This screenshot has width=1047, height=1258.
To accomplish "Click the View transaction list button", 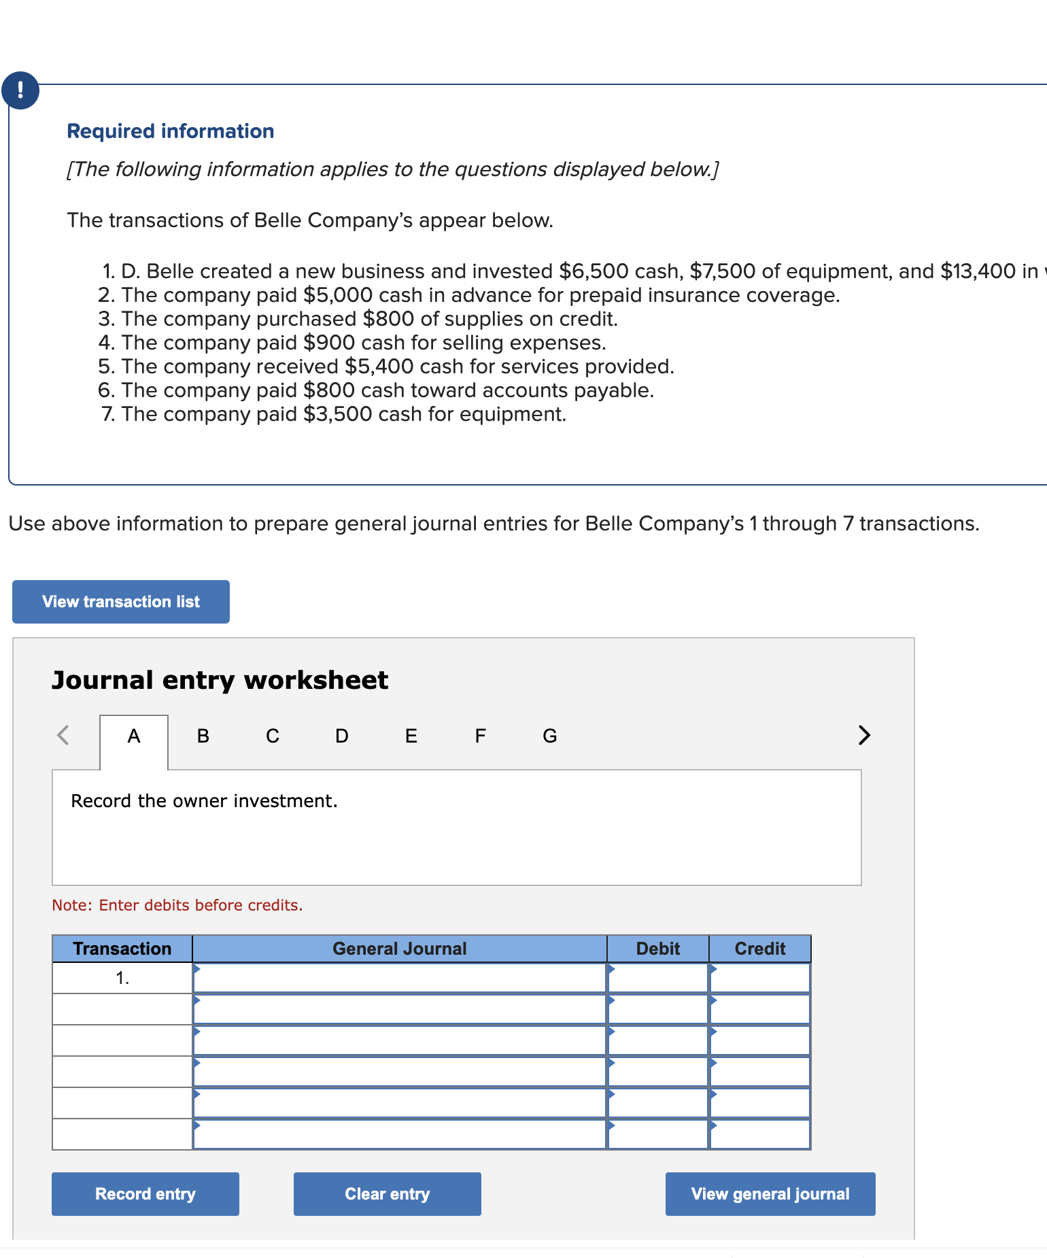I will pos(121,602).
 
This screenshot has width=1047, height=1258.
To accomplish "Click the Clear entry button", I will pos(387,1194).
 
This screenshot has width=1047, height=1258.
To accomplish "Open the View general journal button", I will pos(770,1194).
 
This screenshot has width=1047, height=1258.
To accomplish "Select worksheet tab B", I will pos(203,736).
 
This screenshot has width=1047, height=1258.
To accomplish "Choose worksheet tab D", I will pos(341,736).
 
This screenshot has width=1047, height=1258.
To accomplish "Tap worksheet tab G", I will pos(549,736).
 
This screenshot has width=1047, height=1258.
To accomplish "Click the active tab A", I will pos(134,736).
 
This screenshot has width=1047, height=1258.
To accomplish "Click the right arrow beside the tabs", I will pos(863,735).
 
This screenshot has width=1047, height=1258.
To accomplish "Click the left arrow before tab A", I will pos(63,735).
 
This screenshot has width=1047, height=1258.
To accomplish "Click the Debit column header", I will pos(657,949).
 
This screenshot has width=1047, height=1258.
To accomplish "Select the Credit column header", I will pos(759,949).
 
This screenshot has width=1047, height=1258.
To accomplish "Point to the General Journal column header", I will pos(399,949).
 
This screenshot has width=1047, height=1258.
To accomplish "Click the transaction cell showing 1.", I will pos(122,979).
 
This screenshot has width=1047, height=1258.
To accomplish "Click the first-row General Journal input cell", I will pos(399,979).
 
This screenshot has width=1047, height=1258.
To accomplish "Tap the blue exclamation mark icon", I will pos(20,90).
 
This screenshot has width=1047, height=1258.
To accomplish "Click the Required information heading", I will pos(170,131).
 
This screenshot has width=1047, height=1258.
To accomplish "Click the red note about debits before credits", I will pos(177,905).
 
